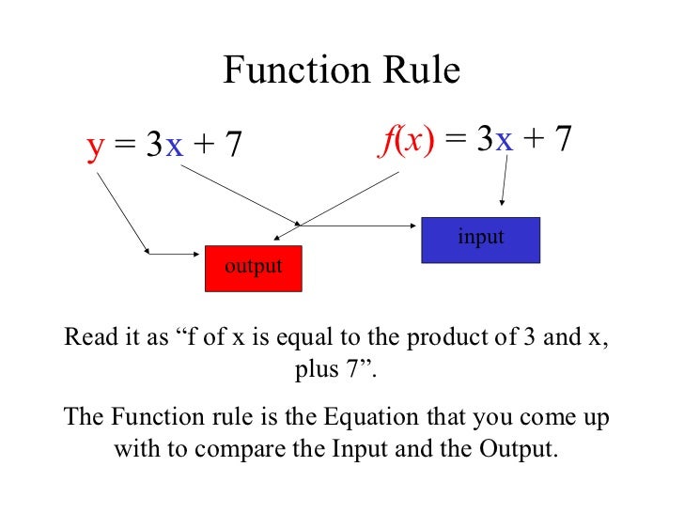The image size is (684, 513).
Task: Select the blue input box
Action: tap(481, 239)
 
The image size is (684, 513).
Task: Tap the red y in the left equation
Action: tap(95, 148)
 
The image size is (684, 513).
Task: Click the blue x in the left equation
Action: tap(174, 147)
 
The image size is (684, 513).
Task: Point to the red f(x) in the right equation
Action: tap(408, 140)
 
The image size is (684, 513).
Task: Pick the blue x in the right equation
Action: tap(505, 140)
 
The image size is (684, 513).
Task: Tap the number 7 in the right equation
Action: tap(563, 140)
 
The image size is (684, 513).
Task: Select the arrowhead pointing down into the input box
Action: tap(504, 201)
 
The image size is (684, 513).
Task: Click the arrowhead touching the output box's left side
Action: tap(148, 251)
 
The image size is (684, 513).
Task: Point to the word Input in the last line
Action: tap(363, 448)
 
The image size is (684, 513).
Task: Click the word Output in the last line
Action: tap(517, 448)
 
